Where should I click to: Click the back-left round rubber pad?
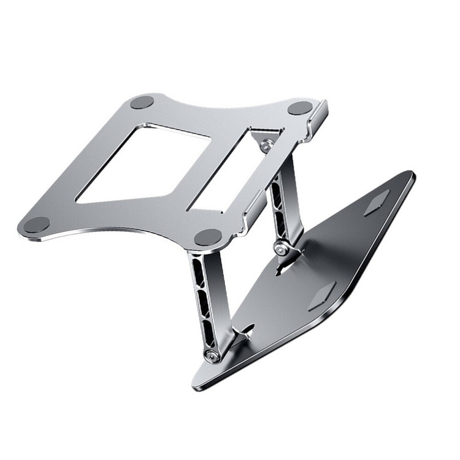tap(142, 102)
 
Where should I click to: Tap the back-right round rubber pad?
tap(300, 108)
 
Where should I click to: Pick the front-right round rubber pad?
tap(208, 237)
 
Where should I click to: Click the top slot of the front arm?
tap(197, 270)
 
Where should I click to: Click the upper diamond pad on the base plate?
tap(376, 202)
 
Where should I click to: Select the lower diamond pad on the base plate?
tap(321, 297)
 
